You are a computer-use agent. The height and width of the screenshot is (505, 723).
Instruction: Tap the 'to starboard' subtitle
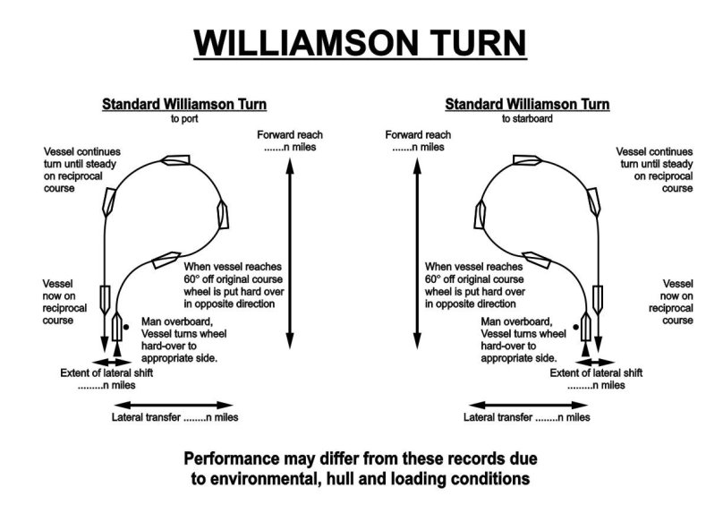(527, 117)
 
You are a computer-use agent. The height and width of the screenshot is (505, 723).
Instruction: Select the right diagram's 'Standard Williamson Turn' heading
(527, 104)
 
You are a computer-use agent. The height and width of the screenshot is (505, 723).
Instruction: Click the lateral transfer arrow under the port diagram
(170, 404)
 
